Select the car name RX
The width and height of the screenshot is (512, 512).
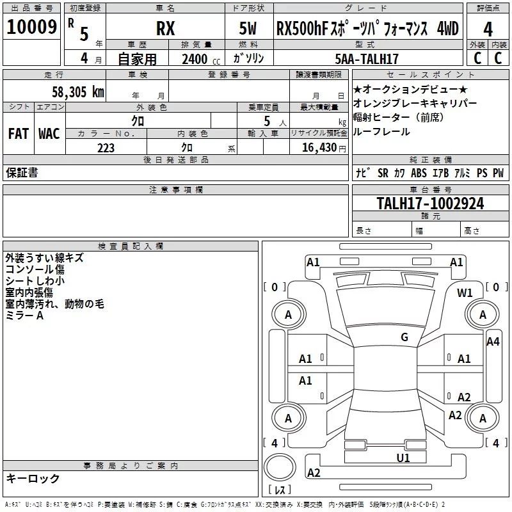[x=166, y=29]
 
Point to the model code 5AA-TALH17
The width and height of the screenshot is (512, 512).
[x=367, y=59]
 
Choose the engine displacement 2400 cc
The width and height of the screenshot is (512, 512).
[x=196, y=59]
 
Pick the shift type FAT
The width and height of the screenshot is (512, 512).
[x=19, y=134]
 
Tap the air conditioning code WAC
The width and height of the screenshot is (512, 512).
[x=49, y=134]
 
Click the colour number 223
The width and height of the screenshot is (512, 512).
[x=106, y=148]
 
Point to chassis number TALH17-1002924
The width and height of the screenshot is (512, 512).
[x=430, y=204]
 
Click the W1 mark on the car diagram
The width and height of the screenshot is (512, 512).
[x=465, y=293]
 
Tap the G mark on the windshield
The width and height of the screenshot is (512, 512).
[x=404, y=337]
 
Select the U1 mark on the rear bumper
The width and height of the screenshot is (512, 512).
[x=403, y=458]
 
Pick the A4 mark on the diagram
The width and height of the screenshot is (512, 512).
[x=493, y=342]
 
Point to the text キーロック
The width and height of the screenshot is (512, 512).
[x=33, y=478]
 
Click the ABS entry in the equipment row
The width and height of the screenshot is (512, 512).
[x=419, y=173]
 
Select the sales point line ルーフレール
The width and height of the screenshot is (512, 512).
[x=381, y=131]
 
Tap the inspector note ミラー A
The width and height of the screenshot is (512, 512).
[x=25, y=316]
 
